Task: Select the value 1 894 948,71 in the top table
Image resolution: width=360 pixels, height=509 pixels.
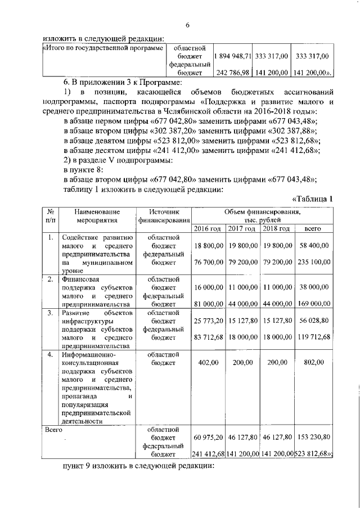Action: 232,57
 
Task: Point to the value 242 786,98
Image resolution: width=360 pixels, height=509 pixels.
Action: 232,73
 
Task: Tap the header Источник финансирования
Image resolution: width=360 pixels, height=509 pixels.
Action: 164,216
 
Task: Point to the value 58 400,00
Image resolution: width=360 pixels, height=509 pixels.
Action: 314,246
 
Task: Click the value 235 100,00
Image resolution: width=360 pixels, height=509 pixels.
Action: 313,262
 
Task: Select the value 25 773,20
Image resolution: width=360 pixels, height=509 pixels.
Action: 209,320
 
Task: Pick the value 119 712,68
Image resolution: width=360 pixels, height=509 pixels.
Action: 313,337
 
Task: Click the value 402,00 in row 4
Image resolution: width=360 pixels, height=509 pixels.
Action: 209,363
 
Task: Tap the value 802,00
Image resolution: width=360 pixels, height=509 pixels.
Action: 313,363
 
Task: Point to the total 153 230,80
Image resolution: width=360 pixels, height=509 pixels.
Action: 313,437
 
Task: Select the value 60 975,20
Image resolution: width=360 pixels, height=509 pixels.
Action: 209,437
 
